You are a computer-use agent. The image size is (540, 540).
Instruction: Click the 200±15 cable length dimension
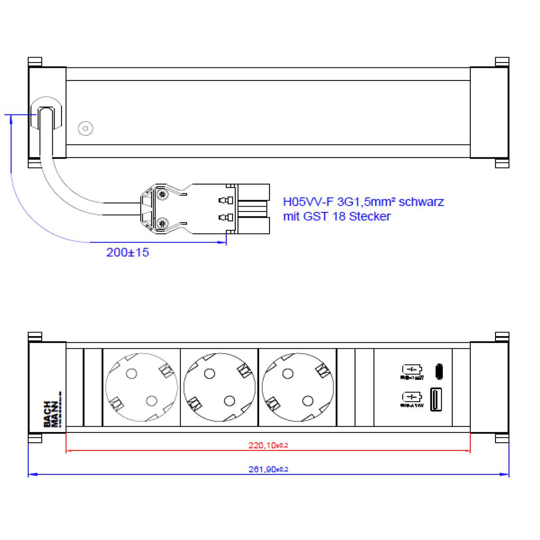coord(127,252)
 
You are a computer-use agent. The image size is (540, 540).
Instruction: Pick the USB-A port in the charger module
coord(436,399)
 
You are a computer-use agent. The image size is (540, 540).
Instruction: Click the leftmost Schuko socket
coord(141,387)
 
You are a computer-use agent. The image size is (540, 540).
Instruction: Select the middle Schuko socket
coord(219,387)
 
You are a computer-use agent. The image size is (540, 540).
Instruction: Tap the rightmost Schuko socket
coord(297,387)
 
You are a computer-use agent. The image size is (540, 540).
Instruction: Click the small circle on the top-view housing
coord(85,129)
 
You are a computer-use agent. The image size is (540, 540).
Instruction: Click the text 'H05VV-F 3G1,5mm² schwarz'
coord(363,202)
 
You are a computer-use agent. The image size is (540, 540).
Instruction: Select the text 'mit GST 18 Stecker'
coord(337,216)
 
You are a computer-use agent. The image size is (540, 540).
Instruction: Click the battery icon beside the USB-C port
coord(411,370)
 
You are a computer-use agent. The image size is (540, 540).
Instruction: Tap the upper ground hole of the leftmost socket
coord(131,373)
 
